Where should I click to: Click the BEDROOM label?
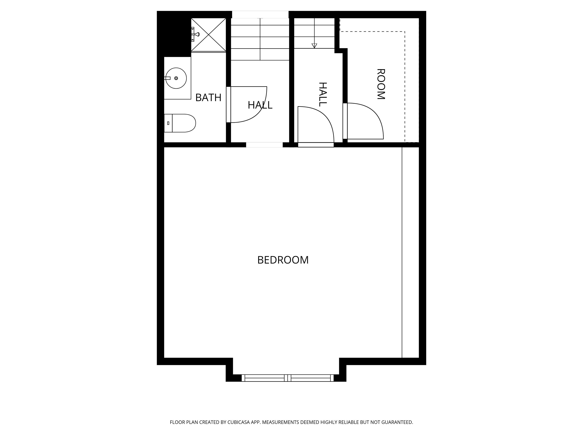pos(283,260)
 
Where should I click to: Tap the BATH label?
pos(208,98)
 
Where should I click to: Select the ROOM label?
pos(381,84)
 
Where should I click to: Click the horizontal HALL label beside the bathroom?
pos(260,105)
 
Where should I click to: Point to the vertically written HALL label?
pos(323,94)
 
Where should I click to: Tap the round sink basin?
pos(176,78)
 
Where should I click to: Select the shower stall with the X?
pos(209,35)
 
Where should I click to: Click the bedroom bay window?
pos(288,378)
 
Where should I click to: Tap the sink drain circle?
pos(176,78)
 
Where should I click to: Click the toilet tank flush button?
pos(168,123)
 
